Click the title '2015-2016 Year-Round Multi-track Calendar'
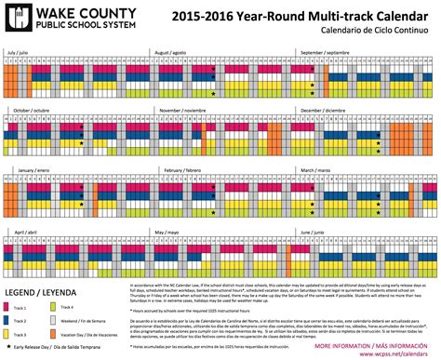coord(296,16)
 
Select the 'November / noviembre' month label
coord(183,111)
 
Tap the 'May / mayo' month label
coord(167,230)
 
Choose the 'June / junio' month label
coord(312,230)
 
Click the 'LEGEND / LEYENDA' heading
coord(40,295)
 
